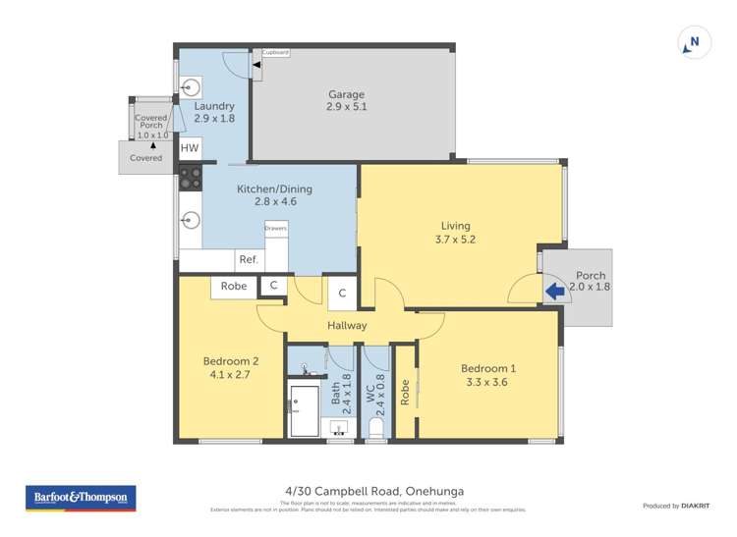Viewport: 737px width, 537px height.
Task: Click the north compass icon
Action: click(x=693, y=43)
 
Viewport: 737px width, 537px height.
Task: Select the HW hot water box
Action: click(x=189, y=149)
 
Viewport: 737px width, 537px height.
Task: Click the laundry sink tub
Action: click(x=191, y=85)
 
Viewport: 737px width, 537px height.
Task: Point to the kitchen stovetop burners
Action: click(x=189, y=179)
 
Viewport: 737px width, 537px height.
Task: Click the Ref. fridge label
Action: click(x=249, y=260)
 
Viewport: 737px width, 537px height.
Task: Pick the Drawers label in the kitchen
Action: click(x=275, y=228)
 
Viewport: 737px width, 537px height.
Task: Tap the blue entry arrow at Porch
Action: click(x=554, y=290)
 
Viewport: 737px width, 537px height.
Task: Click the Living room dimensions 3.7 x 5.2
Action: click(x=455, y=239)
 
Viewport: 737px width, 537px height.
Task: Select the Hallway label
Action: click(x=347, y=325)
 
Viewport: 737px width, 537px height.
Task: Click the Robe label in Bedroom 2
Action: click(x=233, y=287)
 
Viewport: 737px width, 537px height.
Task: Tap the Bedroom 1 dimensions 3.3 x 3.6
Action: click(x=488, y=384)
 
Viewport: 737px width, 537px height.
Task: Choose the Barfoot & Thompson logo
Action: click(x=81, y=498)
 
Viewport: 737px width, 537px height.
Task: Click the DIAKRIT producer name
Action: click(x=697, y=506)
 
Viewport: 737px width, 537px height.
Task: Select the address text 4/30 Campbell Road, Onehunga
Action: click(x=368, y=491)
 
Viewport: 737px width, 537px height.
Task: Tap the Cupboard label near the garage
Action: click(x=275, y=52)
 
